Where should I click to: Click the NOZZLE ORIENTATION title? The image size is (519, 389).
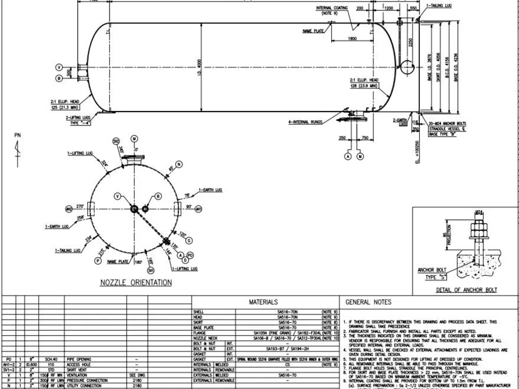click(136, 283)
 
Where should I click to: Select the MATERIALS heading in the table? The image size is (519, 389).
click(263, 302)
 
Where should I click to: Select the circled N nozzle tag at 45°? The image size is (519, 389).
click(179, 164)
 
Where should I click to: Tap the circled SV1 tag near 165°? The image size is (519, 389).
click(151, 270)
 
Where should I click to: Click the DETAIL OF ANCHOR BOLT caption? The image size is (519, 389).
click(467, 289)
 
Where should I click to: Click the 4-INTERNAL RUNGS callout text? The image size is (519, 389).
click(304, 122)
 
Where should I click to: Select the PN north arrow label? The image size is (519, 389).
click(18, 135)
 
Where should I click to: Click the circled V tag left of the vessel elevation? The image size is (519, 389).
click(59, 68)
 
